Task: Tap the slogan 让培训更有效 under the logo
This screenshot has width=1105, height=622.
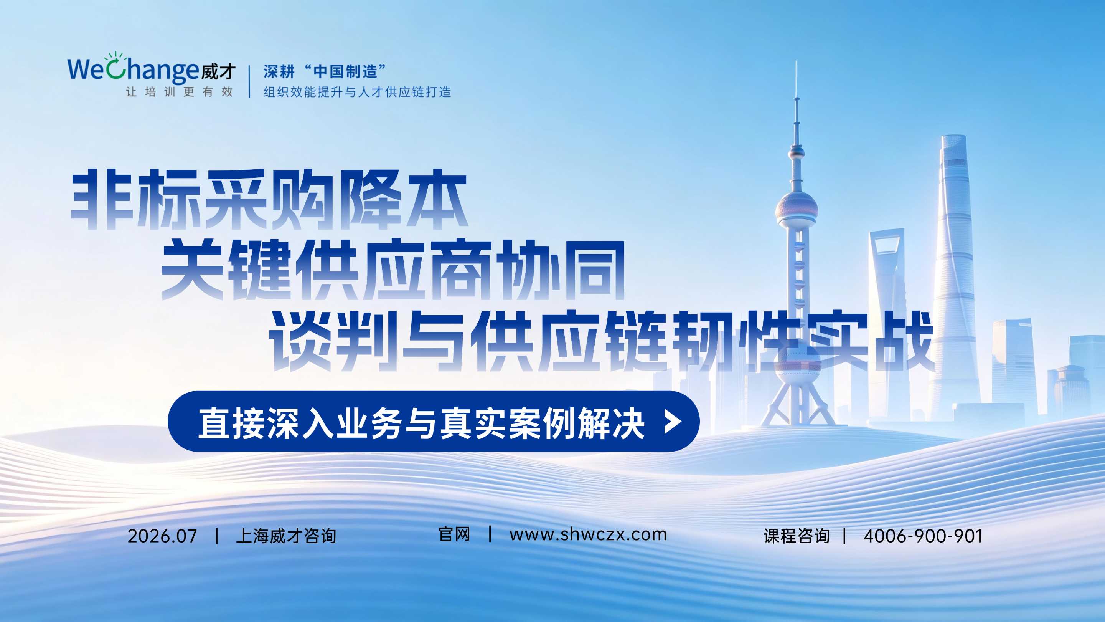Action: pyautogui.click(x=179, y=92)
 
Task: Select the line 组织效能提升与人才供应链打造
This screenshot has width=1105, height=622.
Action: pyautogui.click(x=357, y=92)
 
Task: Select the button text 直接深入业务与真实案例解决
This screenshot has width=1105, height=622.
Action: pyautogui.click(x=421, y=423)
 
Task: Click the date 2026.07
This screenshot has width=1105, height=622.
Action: pyautogui.click(x=162, y=536)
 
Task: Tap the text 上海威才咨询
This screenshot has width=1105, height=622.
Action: pyautogui.click(x=286, y=536)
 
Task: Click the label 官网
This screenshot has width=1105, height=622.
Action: pyautogui.click(x=454, y=534)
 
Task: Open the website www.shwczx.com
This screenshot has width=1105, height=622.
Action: pyautogui.click(x=588, y=535)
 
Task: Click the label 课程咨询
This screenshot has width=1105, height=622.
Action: pyautogui.click(x=797, y=536)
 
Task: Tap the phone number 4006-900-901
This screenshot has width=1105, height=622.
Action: pyautogui.click(x=923, y=536)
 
